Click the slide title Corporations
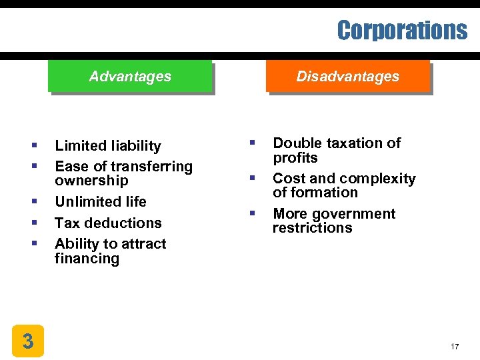[402, 30]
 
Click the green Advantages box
[130, 77]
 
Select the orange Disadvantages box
[347, 77]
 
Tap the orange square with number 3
[27, 341]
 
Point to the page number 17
[455, 347]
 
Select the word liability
[137, 146]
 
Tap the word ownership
[91, 181]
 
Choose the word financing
[87, 258]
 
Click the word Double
[294, 143]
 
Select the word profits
[295, 158]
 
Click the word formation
[325, 193]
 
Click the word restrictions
[312, 228]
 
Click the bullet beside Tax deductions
[33, 223]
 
